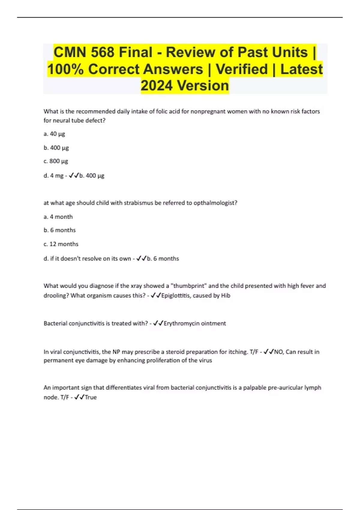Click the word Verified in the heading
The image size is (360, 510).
241,69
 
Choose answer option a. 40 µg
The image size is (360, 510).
54,134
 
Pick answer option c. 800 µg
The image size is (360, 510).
56,161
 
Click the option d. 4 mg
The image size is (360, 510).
53,175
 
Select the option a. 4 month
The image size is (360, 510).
58,217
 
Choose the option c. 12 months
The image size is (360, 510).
61,244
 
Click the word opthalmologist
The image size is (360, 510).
215,203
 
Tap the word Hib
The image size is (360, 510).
226,295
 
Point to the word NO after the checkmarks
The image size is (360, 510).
278,352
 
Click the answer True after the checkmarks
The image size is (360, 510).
91,397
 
